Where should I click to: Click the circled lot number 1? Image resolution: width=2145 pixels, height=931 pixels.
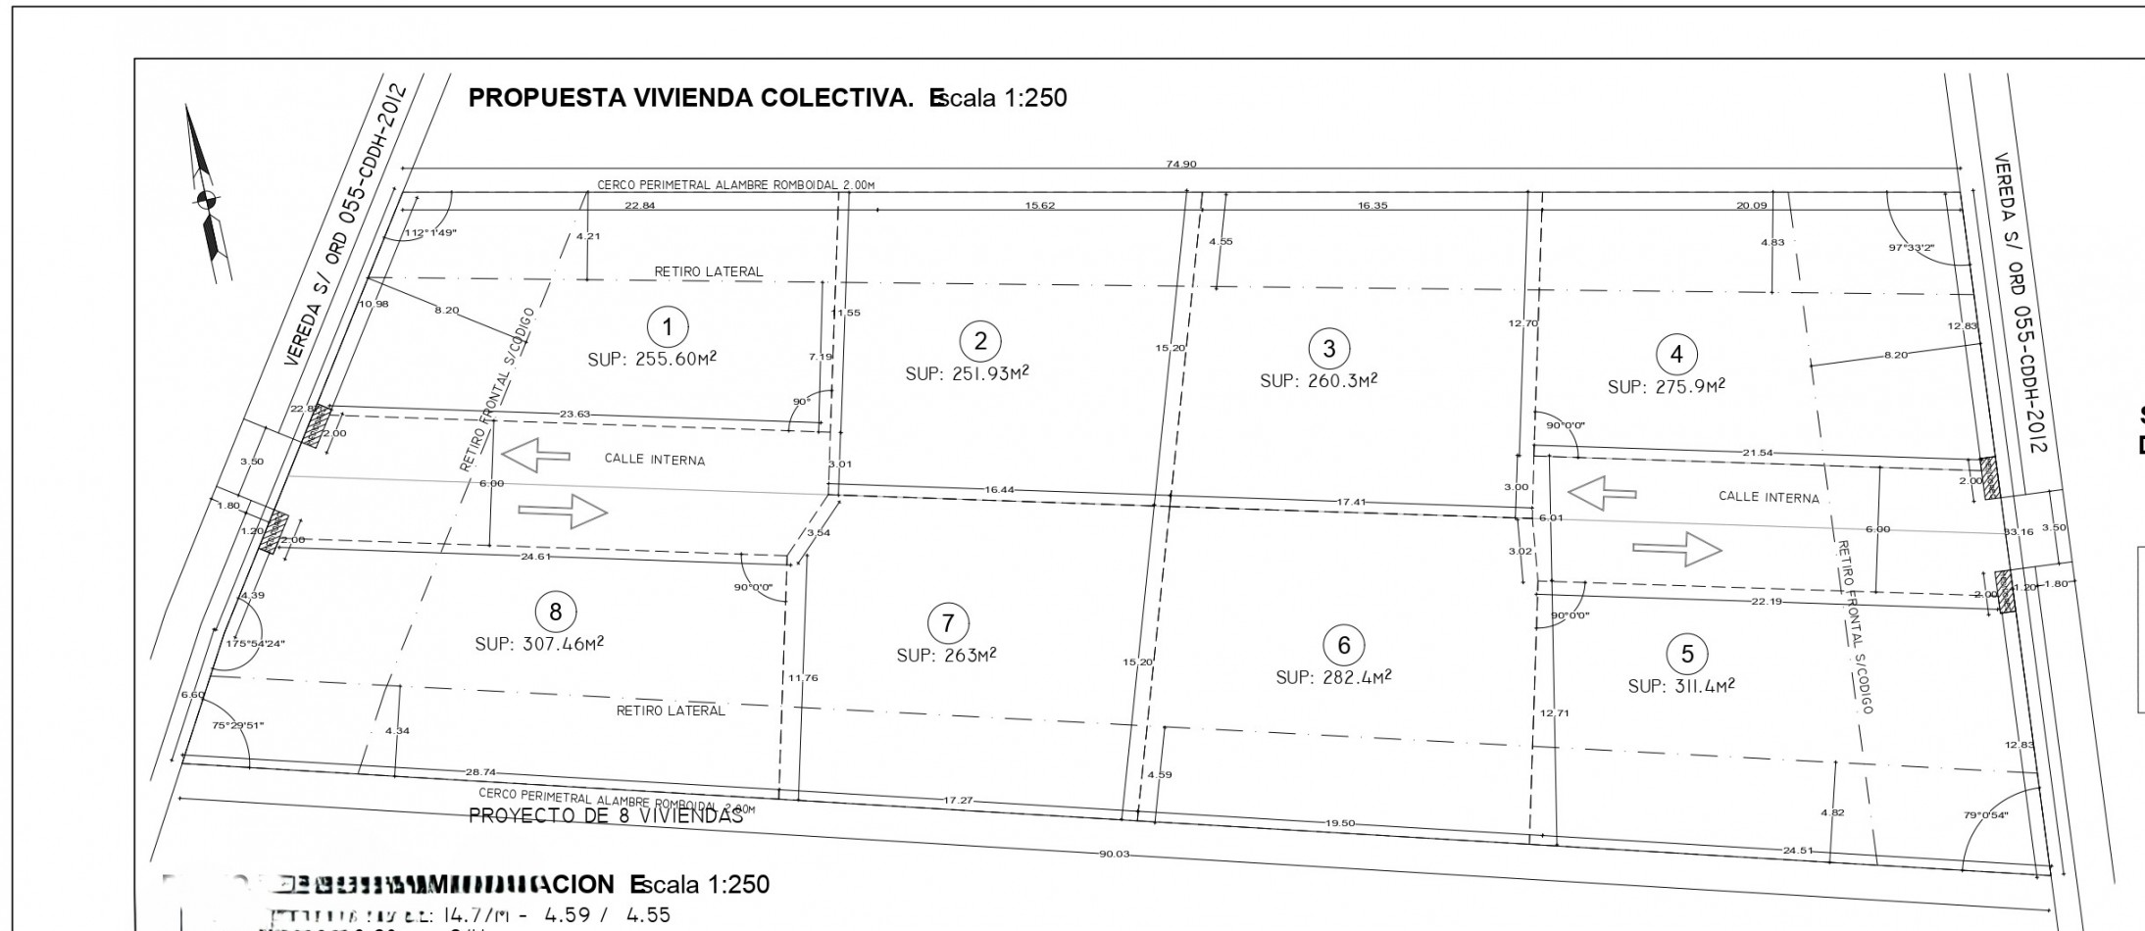click(x=668, y=326)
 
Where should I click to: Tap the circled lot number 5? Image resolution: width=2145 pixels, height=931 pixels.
click(x=1686, y=654)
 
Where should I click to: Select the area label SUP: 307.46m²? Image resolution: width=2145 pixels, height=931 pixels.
click(x=539, y=644)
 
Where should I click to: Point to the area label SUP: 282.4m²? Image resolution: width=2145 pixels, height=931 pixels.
click(x=1333, y=677)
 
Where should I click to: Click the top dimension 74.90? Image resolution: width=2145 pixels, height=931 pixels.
click(x=1180, y=165)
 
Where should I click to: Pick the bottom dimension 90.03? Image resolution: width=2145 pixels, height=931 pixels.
click(x=1114, y=855)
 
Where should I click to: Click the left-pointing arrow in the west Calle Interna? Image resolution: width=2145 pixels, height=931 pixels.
click(x=535, y=456)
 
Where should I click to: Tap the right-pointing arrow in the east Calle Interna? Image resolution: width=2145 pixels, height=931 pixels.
click(x=1676, y=549)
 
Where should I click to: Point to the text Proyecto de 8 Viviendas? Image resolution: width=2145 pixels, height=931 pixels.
click(x=606, y=816)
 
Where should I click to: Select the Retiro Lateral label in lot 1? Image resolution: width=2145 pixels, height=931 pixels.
click(x=708, y=271)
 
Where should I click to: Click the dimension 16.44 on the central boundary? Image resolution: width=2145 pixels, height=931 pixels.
click(x=1000, y=489)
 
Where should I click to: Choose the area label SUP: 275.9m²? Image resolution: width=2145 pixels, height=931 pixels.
click(x=1666, y=387)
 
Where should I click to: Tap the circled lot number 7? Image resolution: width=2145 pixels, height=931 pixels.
click(x=947, y=623)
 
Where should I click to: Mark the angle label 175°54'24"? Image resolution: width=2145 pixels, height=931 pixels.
click(x=255, y=644)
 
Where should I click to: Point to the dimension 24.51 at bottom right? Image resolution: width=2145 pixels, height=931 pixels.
click(x=1798, y=851)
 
